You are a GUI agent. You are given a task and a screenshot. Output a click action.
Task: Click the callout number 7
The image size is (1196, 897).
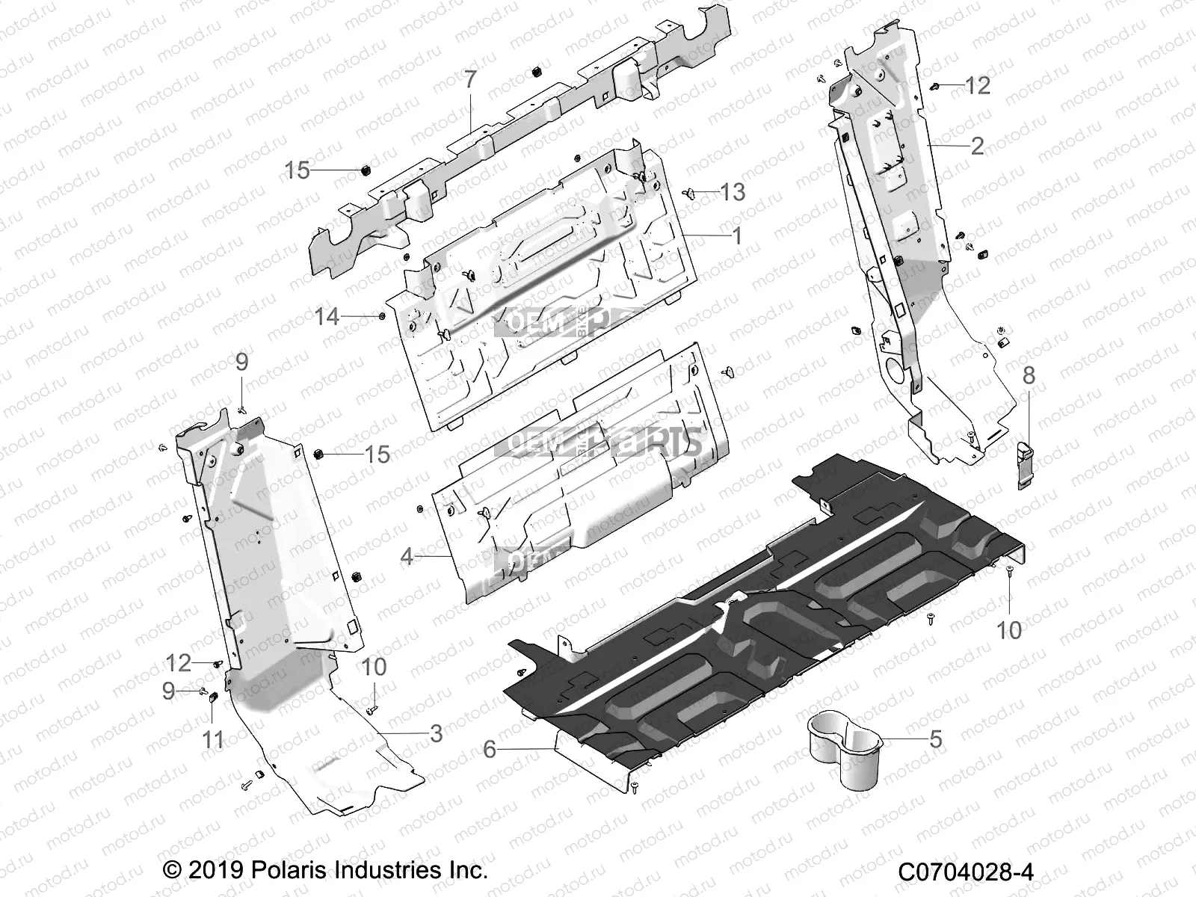(469, 80)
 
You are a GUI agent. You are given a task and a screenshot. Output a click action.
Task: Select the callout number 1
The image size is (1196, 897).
(737, 236)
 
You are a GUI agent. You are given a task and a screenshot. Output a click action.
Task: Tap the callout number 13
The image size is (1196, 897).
(732, 192)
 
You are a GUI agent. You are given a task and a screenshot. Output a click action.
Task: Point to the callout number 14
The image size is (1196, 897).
(327, 317)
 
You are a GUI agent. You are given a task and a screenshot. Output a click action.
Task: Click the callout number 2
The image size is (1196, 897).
(977, 145)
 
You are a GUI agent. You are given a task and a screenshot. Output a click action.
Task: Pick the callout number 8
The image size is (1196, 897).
(1029, 375)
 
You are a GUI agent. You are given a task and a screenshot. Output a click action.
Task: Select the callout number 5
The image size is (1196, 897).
(935, 739)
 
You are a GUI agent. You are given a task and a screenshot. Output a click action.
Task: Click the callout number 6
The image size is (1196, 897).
(490, 748)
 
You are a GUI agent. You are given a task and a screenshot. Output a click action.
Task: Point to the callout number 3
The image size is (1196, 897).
(436, 733)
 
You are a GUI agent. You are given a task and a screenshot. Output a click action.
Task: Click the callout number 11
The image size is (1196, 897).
(213, 740)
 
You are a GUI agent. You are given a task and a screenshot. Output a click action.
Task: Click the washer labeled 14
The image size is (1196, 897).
(382, 316)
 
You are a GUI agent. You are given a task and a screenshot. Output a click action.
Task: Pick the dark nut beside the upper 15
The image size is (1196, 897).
(366, 170)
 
